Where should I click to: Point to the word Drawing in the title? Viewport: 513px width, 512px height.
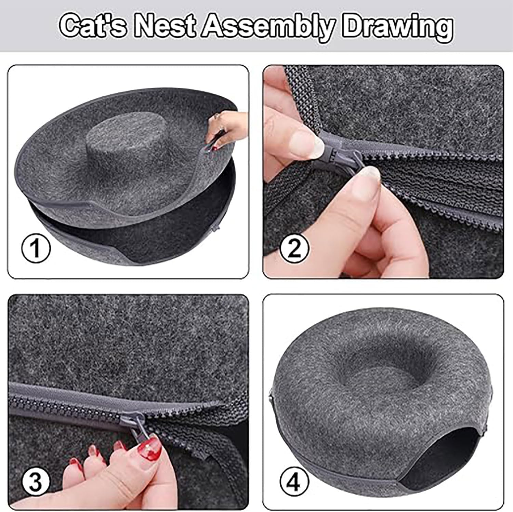click(397, 26)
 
